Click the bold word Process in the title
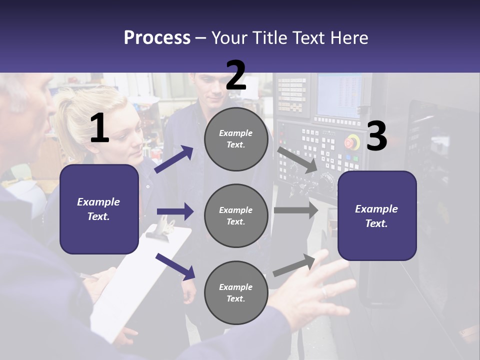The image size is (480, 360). (157, 37)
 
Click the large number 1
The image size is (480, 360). (99, 128)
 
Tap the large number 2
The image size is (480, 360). (236, 75)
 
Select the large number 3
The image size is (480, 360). (376, 136)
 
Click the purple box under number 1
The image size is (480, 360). (99, 209)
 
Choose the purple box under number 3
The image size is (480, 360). (377, 216)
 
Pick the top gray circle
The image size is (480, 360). (236, 139)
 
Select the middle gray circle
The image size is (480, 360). (236, 215)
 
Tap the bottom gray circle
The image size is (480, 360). (236, 292)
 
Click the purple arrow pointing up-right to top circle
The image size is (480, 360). (174, 159)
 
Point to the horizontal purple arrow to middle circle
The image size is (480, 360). (175, 211)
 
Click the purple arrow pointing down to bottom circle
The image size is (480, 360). (175, 266)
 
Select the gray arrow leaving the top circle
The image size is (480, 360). (298, 160)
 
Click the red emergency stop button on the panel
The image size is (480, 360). (352, 141)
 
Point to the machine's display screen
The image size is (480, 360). (339, 95)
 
